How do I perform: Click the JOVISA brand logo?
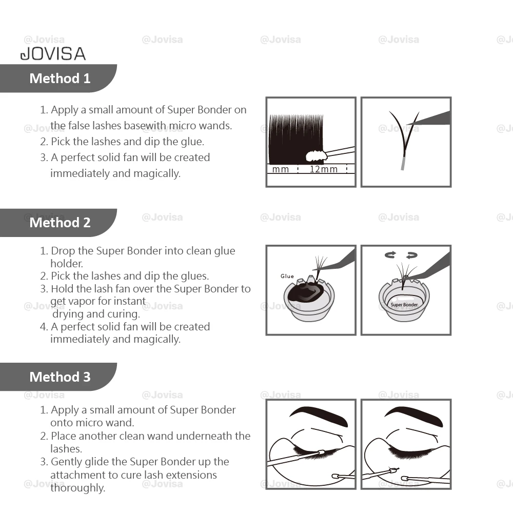point(52,53)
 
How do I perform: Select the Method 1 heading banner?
point(60,78)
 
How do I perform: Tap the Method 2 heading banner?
point(60,223)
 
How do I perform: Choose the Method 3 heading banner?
point(60,377)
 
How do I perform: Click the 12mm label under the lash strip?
point(324,169)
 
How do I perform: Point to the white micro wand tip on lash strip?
point(316,154)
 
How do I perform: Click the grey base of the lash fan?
point(403,163)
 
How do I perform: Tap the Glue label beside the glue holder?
point(287,277)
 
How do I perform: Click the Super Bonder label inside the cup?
point(404,305)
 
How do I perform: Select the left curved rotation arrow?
point(391,254)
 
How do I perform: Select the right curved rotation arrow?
point(411,254)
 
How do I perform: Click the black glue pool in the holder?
point(306,294)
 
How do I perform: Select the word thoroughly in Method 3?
point(77,488)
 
